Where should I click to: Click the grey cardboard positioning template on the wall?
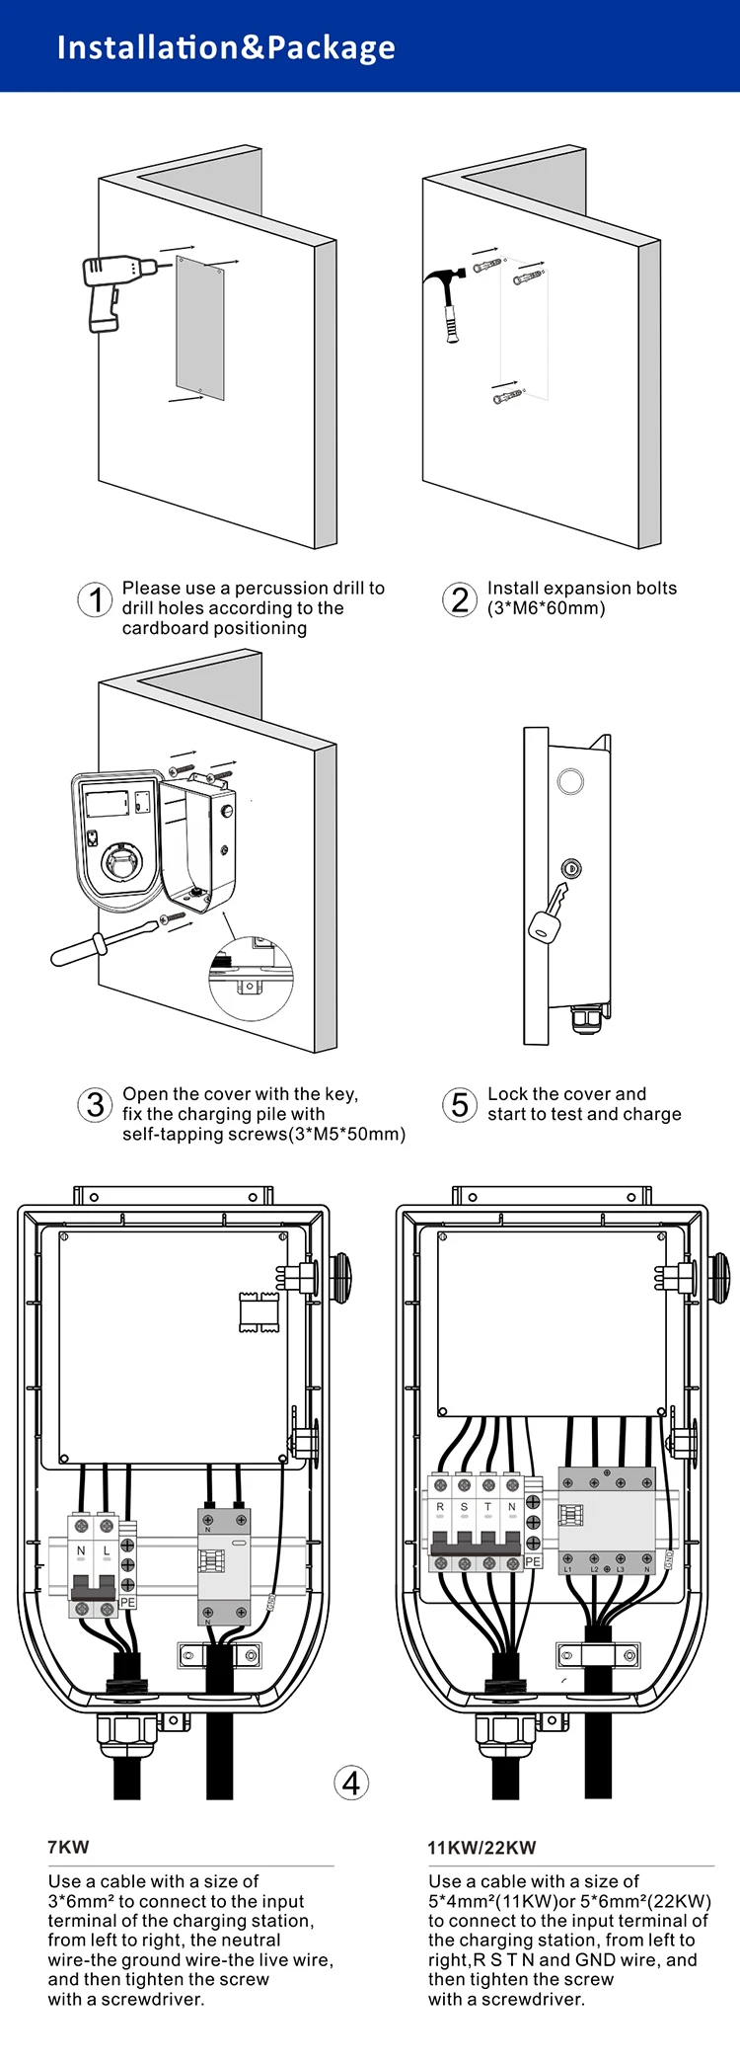pyautogui.click(x=200, y=328)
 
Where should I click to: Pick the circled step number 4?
pyautogui.click(x=351, y=1783)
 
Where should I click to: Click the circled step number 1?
pyautogui.click(x=95, y=599)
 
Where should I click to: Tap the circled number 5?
pyautogui.click(x=460, y=1104)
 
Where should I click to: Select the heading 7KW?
pyautogui.click(x=68, y=1847)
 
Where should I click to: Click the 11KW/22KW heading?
pyautogui.click(x=481, y=1848)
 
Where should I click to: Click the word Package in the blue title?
pyautogui.click(x=332, y=47)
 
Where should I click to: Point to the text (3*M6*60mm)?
pyautogui.click(x=547, y=608)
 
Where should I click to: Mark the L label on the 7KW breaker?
pyautogui.click(x=107, y=1551)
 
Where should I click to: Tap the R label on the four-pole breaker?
pyautogui.click(x=440, y=1507)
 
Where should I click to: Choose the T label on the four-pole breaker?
pyautogui.click(x=487, y=1507)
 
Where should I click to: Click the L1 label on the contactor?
pyautogui.click(x=567, y=1569)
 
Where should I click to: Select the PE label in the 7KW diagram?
pyautogui.click(x=127, y=1602)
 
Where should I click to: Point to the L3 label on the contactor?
pyautogui.click(x=620, y=1569)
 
